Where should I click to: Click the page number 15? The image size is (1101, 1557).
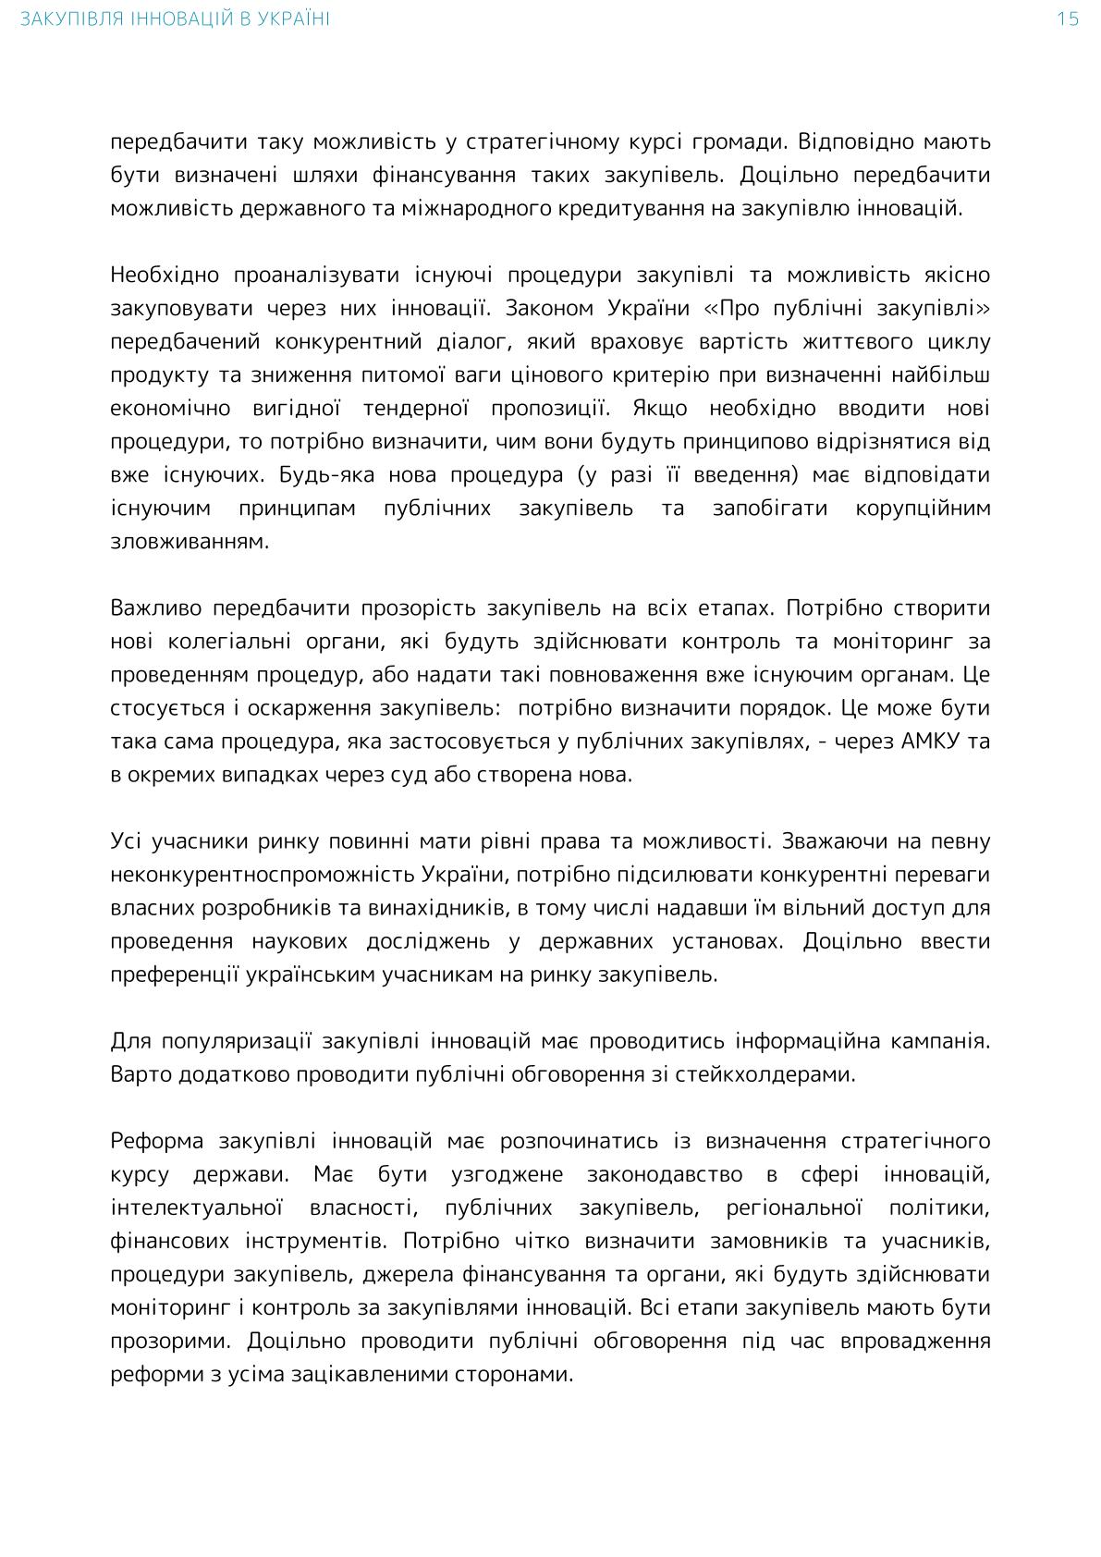point(1068,19)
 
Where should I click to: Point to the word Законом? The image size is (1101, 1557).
point(545,309)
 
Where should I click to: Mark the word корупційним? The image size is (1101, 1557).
point(923,509)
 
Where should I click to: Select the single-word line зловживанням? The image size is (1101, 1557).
point(190,542)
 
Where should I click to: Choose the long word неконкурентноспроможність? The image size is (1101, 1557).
point(263,875)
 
